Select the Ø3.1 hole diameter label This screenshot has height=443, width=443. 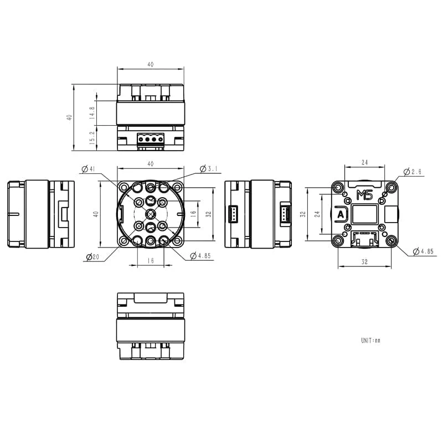point(210,168)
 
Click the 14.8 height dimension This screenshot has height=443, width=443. point(92,115)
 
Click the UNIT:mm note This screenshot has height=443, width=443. point(370,340)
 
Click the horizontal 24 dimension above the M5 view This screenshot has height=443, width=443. point(365,162)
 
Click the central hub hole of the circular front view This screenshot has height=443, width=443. point(151,214)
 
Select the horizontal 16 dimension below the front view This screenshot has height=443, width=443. point(151,261)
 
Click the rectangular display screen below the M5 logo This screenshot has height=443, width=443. point(365,214)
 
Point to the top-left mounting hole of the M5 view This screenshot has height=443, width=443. point(338,187)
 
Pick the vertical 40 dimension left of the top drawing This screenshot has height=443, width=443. point(69,117)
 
